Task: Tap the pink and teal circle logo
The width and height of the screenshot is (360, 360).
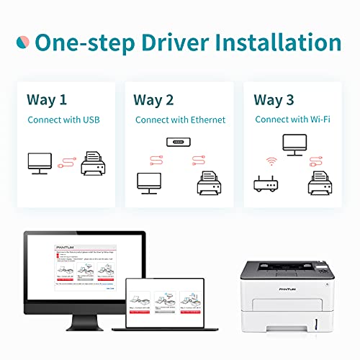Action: [26, 42]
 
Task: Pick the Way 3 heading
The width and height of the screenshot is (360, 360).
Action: [275, 99]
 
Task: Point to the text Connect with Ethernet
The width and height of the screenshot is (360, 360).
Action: [180, 120]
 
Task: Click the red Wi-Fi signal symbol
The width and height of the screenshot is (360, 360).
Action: [271, 162]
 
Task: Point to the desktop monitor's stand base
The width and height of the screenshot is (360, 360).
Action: [83, 322]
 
